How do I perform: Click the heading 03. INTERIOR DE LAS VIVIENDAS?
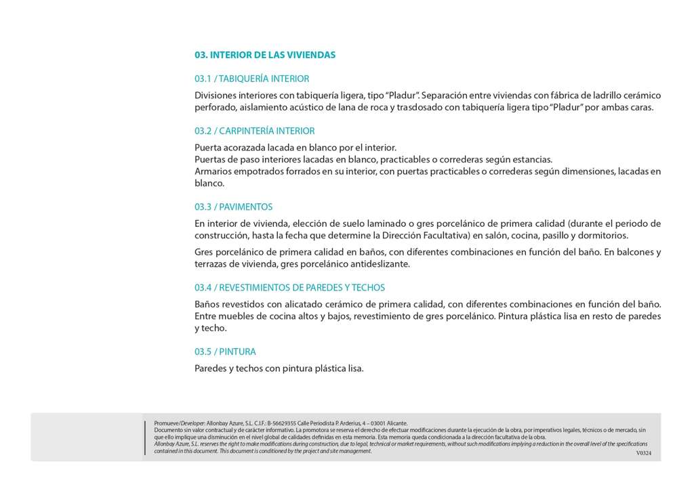click(x=264, y=55)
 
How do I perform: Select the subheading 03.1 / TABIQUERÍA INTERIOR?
click(x=251, y=79)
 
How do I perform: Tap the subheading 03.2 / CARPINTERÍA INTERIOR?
click(x=254, y=131)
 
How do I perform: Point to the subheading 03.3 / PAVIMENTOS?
click(x=233, y=207)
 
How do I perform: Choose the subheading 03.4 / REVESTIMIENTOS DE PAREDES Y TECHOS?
click(x=289, y=288)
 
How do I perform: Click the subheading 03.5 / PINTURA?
click(x=225, y=352)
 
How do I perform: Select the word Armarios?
click(x=213, y=171)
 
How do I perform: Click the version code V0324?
click(x=643, y=453)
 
